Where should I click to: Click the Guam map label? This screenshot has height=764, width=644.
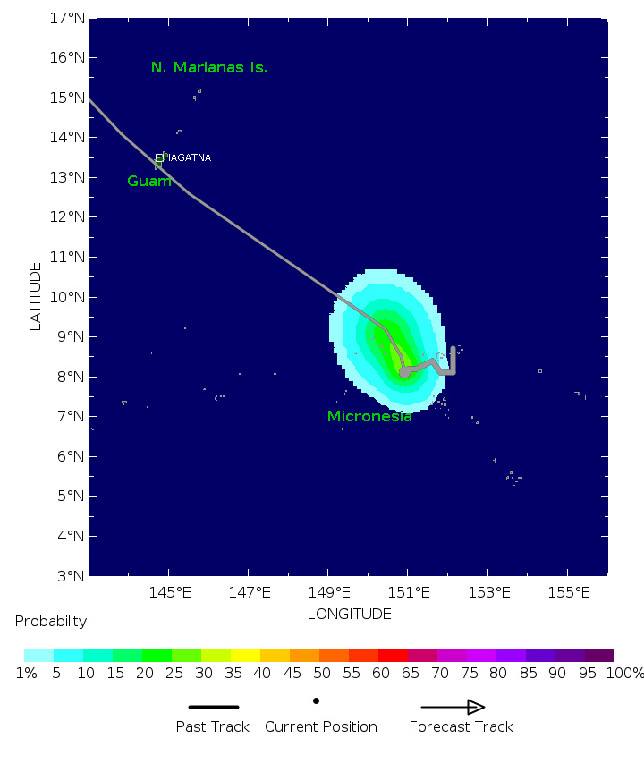[x=149, y=181]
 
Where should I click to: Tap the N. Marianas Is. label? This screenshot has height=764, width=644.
[x=209, y=67]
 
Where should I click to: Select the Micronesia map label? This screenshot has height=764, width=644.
[x=369, y=416]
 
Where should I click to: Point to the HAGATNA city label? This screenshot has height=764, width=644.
[x=188, y=157]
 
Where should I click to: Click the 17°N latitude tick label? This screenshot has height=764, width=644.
[x=66, y=18]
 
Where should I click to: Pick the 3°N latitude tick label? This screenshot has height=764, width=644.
[x=70, y=575]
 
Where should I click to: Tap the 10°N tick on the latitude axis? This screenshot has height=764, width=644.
[x=66, y=297]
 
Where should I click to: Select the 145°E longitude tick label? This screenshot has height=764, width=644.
[x=170, y=591]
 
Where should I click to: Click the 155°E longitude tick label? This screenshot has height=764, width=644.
[x=569, y=591]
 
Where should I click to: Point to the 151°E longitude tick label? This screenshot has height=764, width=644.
[x=410, y=591]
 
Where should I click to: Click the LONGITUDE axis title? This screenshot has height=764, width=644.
[x=349, y=614]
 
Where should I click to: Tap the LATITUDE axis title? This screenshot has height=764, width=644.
[x=36, y=296]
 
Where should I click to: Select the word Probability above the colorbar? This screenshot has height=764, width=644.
[x=51, y=621]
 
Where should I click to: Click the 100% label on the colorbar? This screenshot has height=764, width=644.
[x=623, y=673]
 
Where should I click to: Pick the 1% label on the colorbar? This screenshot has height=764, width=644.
[x=26, y=673]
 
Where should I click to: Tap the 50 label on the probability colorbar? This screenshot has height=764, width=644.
[x=319, y=673]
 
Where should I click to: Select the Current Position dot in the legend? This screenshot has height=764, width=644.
[x=316, y=701]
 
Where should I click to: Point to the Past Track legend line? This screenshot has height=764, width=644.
[x=214, y=707]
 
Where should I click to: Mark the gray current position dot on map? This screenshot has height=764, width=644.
[x=404, y=371]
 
